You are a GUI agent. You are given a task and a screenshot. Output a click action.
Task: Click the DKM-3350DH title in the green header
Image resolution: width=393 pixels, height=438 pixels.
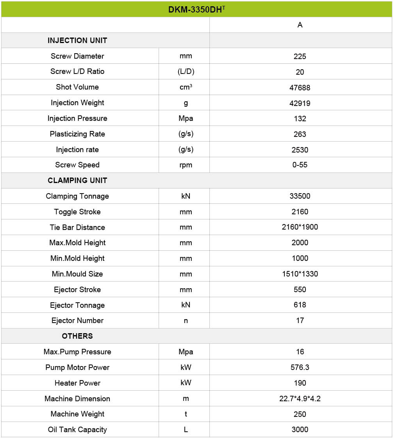point(196,9)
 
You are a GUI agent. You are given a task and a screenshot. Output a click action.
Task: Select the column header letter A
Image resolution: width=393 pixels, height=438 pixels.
point(300,25)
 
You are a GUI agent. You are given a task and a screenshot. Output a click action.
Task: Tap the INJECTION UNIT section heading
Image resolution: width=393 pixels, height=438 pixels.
point(77,40)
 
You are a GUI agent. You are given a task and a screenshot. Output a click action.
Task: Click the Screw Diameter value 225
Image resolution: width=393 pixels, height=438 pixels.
point(300,56)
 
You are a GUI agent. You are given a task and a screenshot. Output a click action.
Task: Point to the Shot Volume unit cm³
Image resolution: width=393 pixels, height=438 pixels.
point(186,87)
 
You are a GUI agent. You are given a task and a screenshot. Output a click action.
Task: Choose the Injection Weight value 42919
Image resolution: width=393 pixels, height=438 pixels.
point(300,103)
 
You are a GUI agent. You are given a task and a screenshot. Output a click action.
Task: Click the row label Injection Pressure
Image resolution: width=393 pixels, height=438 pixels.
point(77,118)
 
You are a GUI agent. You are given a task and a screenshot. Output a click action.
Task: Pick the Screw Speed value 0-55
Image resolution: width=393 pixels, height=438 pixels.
point(300,165)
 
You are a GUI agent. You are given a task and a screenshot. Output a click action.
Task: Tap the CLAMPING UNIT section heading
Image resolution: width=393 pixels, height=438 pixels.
point(77,180)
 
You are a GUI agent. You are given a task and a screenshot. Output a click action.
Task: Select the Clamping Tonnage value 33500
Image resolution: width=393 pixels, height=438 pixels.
point(300,196)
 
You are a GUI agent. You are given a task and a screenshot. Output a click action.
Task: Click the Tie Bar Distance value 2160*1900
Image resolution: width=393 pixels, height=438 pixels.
point(300,227)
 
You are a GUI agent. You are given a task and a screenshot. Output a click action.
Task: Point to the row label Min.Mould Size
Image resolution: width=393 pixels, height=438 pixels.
point(77,274)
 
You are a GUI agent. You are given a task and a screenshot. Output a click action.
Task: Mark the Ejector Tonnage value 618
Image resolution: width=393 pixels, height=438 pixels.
point(300,305)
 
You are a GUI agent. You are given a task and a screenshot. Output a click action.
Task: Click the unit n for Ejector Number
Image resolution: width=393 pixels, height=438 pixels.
point(186,320)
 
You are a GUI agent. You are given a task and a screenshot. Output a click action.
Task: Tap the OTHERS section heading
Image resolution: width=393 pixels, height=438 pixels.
point(77,336)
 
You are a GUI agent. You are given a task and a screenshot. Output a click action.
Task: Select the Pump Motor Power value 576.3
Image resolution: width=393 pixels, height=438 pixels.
point(300,367)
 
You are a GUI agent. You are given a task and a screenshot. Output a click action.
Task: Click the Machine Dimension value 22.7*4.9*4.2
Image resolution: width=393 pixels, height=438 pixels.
point(300,399)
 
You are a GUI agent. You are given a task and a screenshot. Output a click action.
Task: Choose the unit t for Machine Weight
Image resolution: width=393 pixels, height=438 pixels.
point(186,414)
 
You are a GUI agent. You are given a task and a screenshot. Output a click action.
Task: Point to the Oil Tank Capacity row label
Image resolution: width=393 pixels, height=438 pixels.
point(77,429)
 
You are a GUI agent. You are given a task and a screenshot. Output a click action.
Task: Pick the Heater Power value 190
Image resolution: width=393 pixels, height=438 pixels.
point(300,383)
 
